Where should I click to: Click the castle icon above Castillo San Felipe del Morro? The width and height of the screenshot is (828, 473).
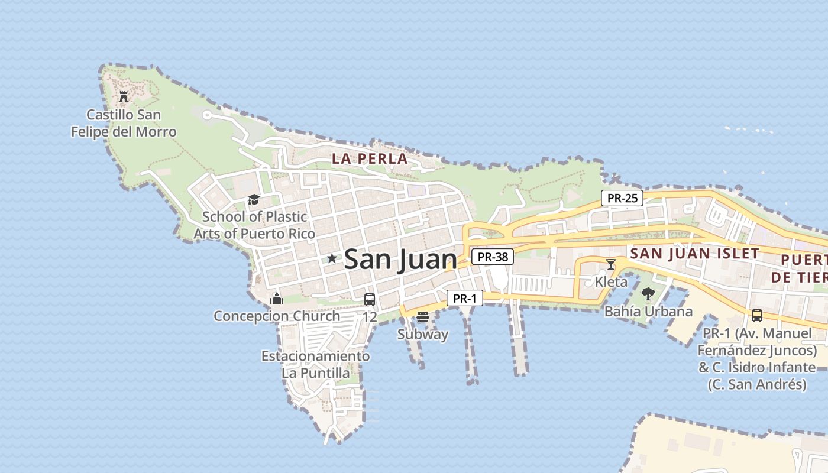(124, 96)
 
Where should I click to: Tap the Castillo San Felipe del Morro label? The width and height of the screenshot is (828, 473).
(124, 123)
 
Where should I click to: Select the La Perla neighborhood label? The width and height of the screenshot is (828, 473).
(370, 158)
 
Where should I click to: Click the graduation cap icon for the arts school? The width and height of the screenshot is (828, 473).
(254, 199)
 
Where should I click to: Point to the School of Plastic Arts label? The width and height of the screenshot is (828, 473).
(254, 225)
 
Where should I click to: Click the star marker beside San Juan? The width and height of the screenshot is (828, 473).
(332, 258)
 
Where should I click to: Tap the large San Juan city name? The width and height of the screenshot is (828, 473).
(400, 259)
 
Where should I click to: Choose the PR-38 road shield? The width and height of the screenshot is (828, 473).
(492, 257)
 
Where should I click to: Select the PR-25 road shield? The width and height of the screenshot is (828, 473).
(622, 198)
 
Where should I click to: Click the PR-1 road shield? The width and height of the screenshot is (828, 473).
(464, 299)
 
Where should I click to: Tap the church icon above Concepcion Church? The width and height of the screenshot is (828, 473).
(276, 299)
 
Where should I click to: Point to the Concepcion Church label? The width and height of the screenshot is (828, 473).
(276, 316)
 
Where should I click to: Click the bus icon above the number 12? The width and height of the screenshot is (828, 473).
(370, 300)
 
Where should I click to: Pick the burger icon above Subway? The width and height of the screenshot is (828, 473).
(422, 317)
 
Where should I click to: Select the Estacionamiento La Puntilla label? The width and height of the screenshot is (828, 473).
(315, 364)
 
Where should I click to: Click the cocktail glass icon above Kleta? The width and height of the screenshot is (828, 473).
(611, 264)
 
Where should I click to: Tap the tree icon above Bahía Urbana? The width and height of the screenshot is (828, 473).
(648, 294)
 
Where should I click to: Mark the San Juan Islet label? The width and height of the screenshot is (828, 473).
(694, 254)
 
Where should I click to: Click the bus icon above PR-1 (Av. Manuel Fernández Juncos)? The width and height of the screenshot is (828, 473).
(757, 315)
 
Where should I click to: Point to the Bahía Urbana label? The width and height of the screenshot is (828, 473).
(648, 311)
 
